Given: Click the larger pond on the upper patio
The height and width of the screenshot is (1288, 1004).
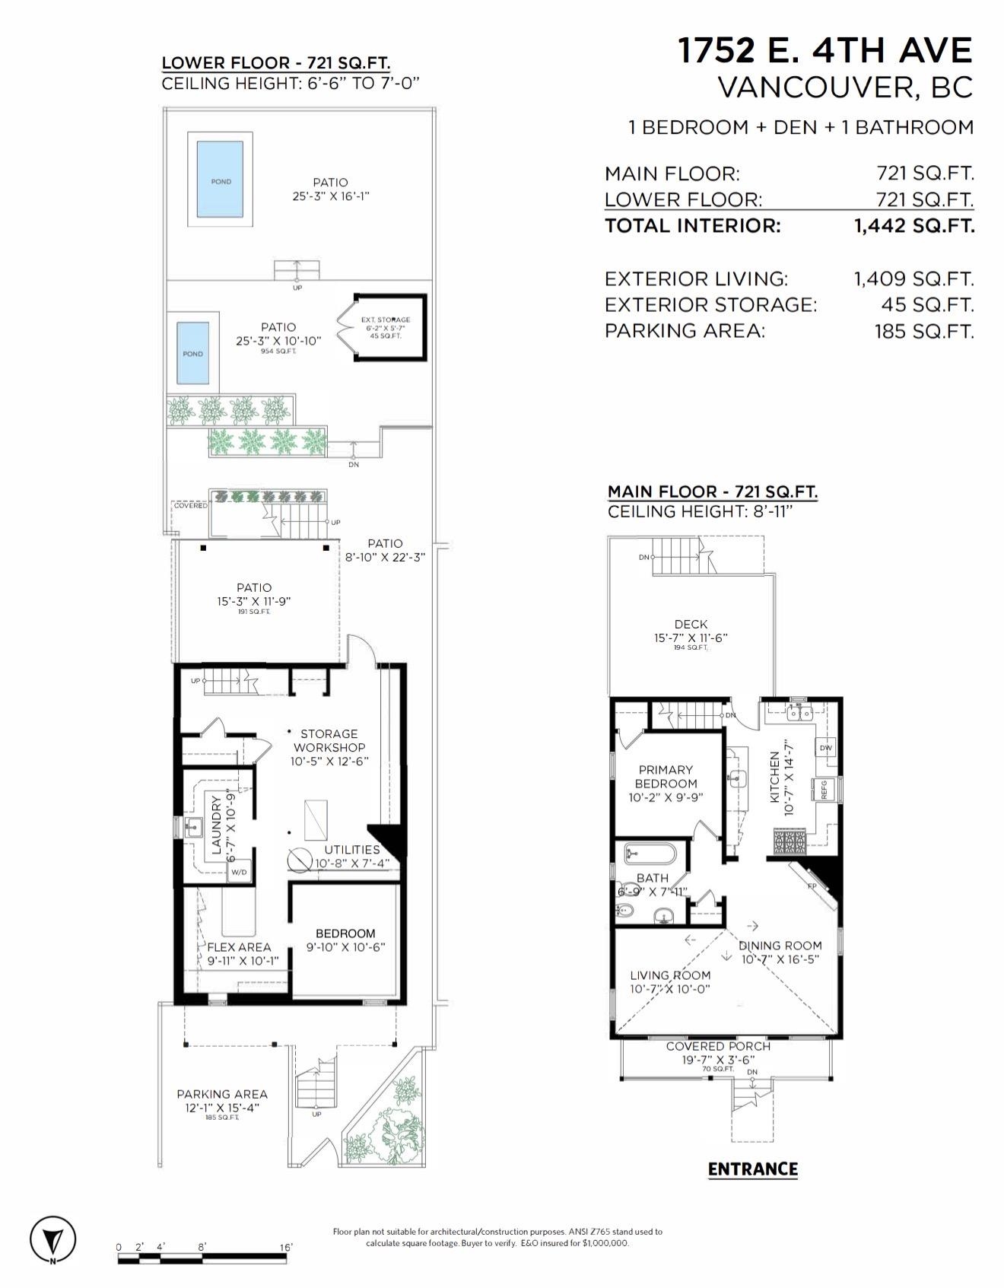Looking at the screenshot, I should tap(221, 182).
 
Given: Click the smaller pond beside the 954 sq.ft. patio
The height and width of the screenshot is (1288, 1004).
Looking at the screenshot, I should tap(193, 353).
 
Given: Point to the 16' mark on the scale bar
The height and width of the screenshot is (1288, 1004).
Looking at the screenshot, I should tap(287, 1247).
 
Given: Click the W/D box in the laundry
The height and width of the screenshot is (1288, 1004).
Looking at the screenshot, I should tap(239, 872).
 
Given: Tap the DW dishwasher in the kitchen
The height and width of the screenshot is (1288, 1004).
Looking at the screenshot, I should tap(826, 748).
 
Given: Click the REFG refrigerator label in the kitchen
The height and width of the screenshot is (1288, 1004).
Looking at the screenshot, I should tap(824, 789).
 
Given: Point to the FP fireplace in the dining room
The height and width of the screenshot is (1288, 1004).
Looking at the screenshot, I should tap(812, 886).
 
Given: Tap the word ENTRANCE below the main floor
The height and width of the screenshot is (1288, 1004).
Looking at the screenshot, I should tap(752, 1169).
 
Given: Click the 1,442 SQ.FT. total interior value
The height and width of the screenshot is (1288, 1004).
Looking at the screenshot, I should tap(913, 226).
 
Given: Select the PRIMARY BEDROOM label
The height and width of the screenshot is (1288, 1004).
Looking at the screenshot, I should tap(666, 777).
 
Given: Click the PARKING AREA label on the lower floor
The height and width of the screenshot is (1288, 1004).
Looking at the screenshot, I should tap(222, 1094).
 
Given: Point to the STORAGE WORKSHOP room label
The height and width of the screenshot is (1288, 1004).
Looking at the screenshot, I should tap(329, 740).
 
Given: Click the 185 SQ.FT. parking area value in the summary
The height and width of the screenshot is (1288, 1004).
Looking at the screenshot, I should tap(923, 331).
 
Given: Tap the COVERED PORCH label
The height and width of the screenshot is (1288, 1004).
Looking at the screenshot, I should tap(718, 1047).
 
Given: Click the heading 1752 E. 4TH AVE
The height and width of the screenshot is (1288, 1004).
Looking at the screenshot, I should tap(824, 51).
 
